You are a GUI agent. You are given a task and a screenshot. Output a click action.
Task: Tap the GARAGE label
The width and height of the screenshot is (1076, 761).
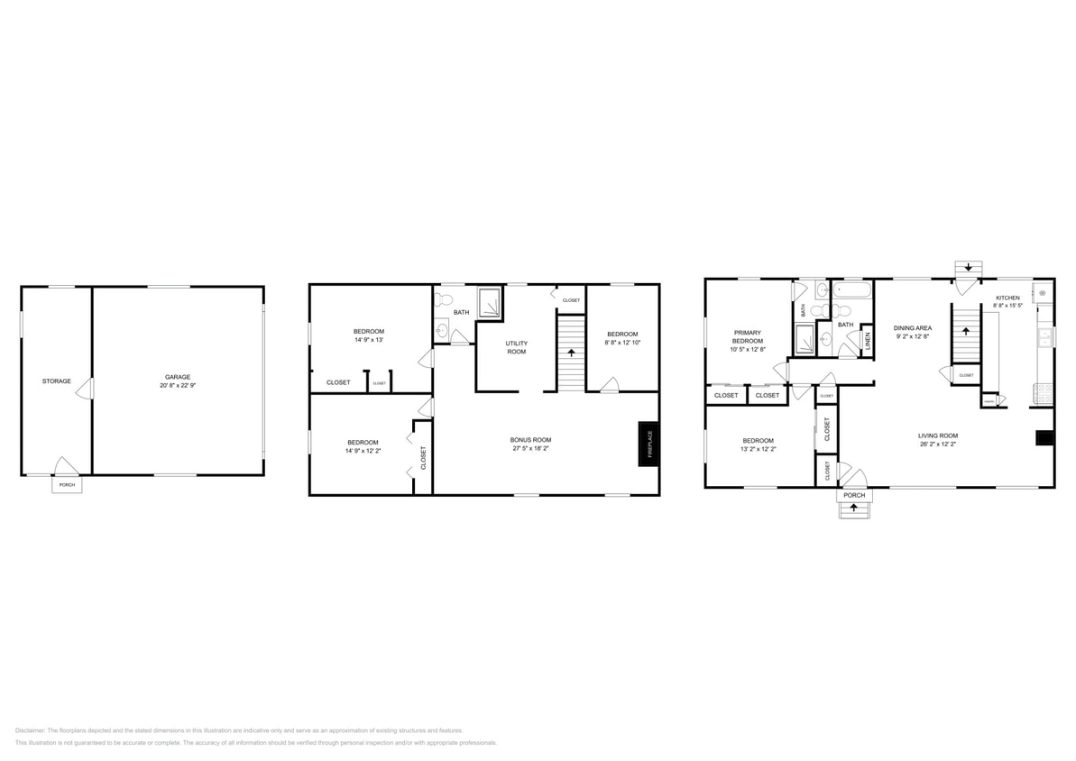(x=177, y=377)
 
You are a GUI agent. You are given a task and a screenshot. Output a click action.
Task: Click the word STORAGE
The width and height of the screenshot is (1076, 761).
(x=56, y=380)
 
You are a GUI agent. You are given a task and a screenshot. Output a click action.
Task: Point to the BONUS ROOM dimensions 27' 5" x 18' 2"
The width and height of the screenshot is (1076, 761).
(x=530, y=448)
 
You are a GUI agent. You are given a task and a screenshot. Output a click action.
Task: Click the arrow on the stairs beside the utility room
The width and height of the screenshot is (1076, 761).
(x=570, y=353)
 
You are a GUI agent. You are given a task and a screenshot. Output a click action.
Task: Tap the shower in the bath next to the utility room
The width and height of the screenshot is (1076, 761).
(x=491, y=303)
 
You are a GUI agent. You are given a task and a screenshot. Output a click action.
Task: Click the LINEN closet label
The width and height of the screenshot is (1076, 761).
(x=868, y=341)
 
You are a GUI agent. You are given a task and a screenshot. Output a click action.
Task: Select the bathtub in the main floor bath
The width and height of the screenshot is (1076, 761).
(x=852, y=290)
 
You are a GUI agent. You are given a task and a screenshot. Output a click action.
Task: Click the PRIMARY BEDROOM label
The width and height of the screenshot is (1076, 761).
(x=747, y=336)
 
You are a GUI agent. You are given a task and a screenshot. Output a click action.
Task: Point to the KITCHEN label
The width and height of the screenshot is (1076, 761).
(x=1007, y=298)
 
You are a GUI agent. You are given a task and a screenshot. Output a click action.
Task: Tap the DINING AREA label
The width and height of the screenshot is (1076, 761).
(x=913, y=328)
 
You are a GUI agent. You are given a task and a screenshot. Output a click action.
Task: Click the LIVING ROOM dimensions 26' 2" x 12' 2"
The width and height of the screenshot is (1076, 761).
(x=938, y=444)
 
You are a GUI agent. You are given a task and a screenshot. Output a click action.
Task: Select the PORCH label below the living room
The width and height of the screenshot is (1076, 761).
(x=853, y=495)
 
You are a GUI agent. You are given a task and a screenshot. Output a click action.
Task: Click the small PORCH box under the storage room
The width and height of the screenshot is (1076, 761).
(x=67, y=485)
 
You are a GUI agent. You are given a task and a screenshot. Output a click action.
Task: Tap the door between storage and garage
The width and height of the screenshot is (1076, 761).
(x=87, y=389)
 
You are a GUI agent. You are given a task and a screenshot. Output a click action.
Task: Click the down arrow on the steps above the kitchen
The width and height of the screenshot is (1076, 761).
(x=969, y=267)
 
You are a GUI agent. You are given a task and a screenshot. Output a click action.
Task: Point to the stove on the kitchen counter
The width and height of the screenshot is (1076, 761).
(x=1042, y=391)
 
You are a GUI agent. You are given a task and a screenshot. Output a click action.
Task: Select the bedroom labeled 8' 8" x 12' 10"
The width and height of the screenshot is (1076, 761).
(x=622, y=338)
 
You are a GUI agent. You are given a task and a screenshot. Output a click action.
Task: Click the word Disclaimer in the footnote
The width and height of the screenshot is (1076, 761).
(x=30, y=730)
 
